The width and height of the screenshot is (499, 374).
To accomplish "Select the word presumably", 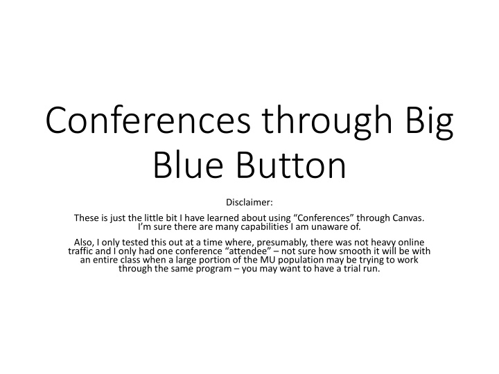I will (260, 242).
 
